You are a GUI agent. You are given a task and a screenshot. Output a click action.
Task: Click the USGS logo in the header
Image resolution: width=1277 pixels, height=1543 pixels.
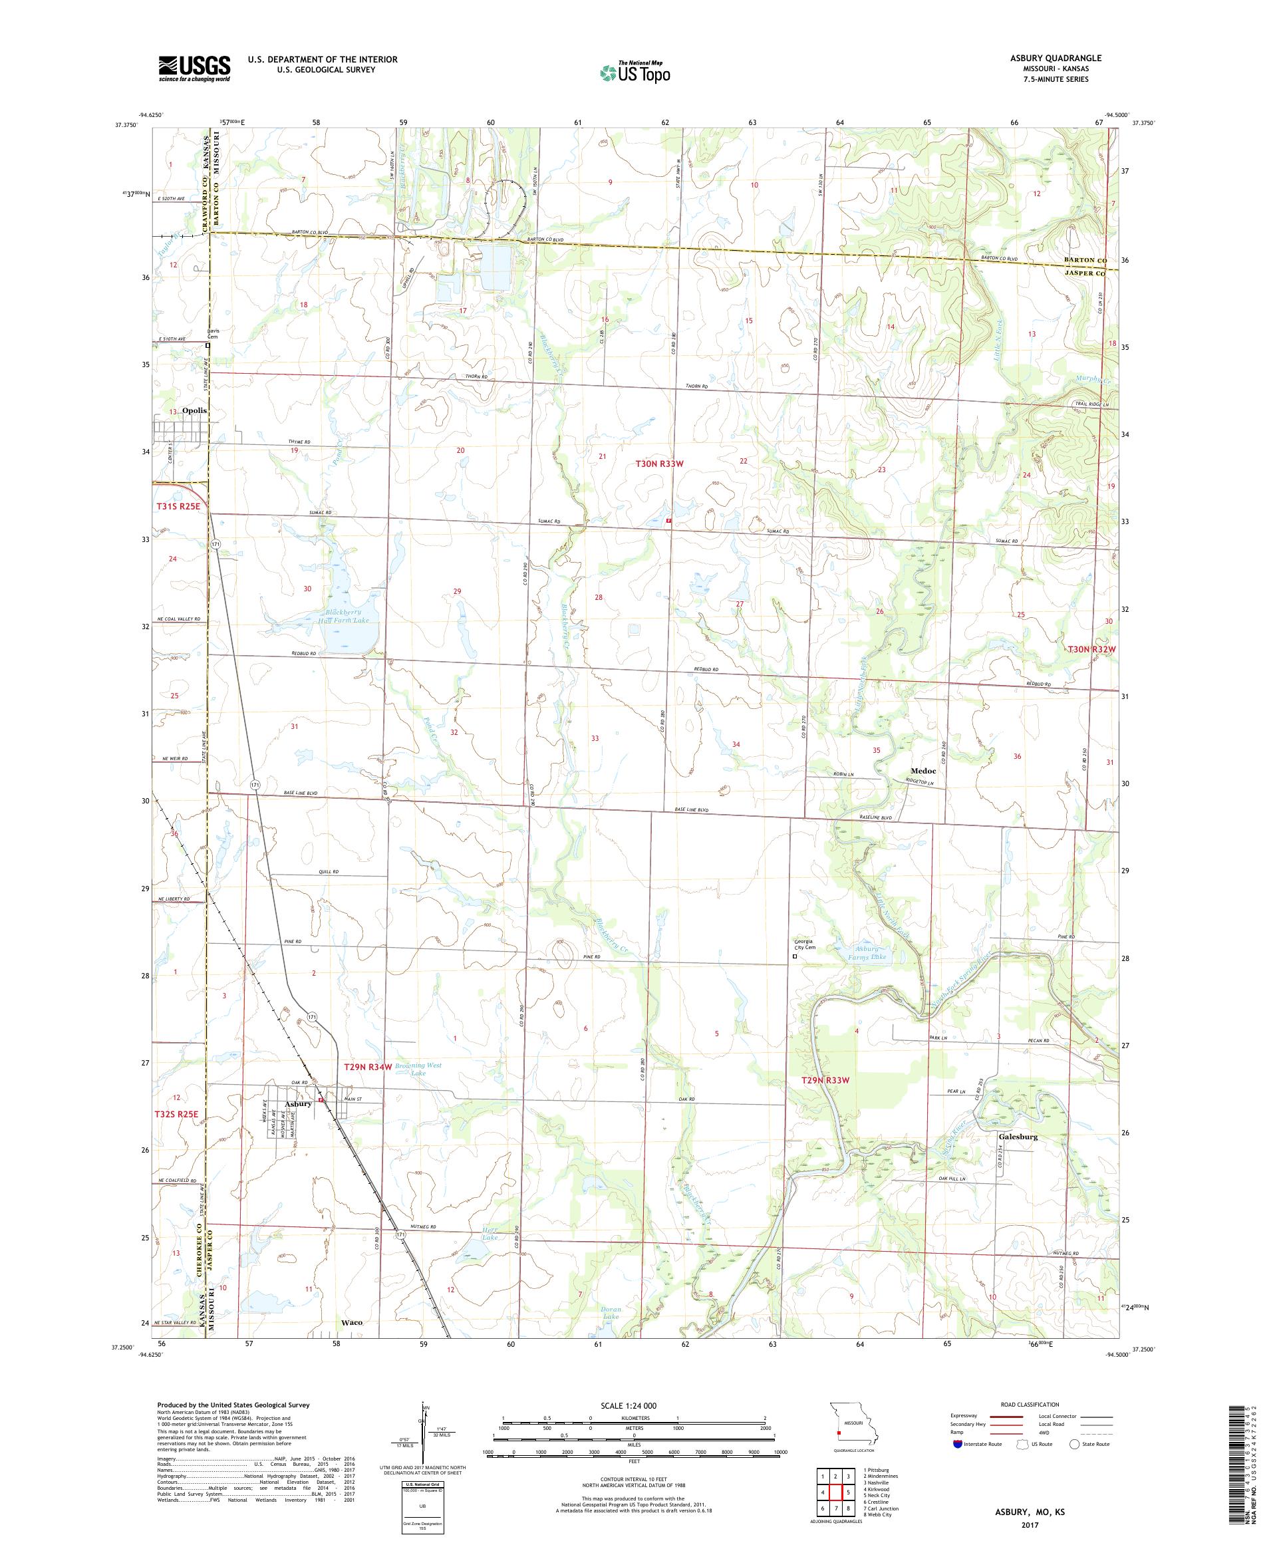(x=194, y=69)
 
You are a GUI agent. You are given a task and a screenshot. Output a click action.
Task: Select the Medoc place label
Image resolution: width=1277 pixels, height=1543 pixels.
(x=923, y=771)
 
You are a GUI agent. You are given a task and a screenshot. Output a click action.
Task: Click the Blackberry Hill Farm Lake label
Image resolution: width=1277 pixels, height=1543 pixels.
(x=349, y=616)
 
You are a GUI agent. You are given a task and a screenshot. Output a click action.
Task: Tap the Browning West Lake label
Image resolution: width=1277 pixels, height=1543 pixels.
(x=418, y=1069)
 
